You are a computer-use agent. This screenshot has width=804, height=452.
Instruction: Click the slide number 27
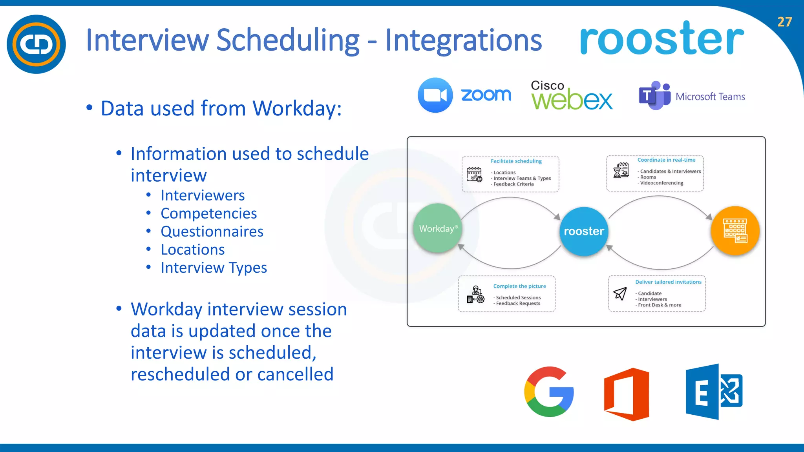784,22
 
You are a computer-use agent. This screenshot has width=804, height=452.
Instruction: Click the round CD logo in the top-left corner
36,44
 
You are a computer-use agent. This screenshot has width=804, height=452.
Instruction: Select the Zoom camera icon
435,95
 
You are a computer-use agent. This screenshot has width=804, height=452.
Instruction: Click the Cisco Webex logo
571,95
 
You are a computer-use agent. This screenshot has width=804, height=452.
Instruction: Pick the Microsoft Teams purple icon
654,95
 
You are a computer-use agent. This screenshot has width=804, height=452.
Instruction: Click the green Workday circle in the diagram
438,228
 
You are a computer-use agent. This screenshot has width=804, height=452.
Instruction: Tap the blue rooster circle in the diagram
584,231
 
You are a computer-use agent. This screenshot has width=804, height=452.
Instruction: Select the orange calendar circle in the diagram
735,231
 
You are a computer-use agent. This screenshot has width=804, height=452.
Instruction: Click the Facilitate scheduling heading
516,161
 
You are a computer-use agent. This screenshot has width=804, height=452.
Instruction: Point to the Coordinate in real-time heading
666,160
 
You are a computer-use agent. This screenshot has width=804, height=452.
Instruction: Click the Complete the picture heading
519,286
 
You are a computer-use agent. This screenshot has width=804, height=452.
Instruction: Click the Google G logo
549,392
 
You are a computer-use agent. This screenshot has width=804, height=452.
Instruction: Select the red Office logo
627,394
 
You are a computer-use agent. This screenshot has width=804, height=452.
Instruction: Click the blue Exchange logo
714,392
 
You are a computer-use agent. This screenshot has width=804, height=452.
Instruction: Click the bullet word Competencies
208,213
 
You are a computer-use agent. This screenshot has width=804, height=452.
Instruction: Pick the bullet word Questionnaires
212,231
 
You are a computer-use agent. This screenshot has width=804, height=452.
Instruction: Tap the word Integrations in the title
463,40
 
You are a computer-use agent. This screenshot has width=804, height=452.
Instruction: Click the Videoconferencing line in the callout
661,183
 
